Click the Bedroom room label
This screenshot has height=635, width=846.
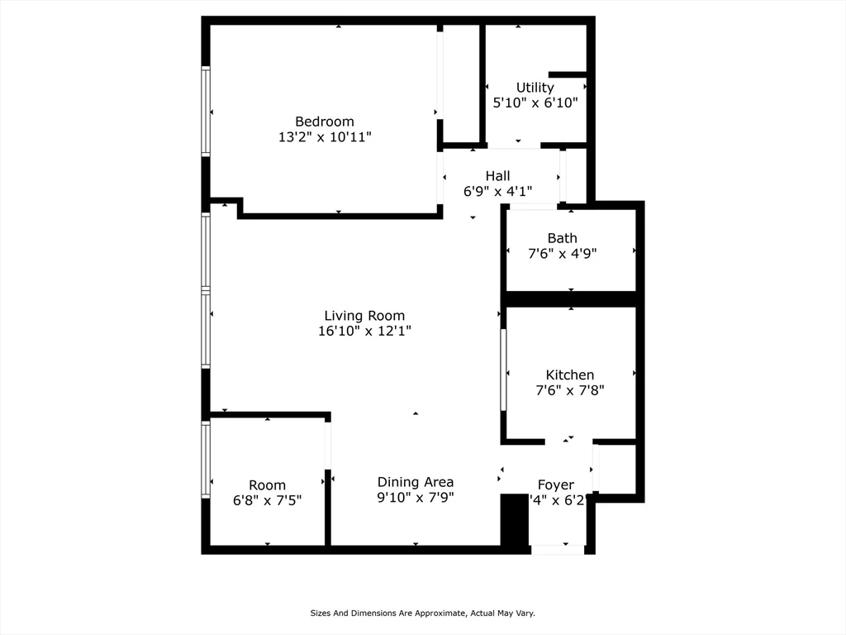pyautogui.click(x=325, y=122)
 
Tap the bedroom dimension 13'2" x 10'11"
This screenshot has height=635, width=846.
pyautogui.click(x=325, y=137)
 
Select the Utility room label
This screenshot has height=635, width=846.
pyautogui.click(x=535, y=88)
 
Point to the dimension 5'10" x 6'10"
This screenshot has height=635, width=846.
pyautogui.click(x=535, y=103)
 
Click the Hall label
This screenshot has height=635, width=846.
pyautogui.click(x=497, y=176)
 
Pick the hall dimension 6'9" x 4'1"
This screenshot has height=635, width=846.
pyautogui.click(x=497, y=192)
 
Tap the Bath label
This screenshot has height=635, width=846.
pyautogui.click(x=562, y=238)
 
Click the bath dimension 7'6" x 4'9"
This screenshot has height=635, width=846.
pyautogui.click(x=562, y=254)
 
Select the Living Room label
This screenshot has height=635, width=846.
pyautogui.click(x=364, y=316)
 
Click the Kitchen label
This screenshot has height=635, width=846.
pyautogui.click(x=569, y=375)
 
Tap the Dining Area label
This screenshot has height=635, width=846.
pyautogui.click(x=416, y=482)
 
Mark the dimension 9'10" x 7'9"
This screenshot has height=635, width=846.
pyautogui.click(x=416, y=498)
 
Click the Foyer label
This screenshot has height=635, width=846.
pyautogui.click(x=555, y=485)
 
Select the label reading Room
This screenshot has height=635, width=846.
pyautogui.click(x=267, y=485)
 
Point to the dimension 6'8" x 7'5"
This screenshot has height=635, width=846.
pyautogui.click(x=267, y=501)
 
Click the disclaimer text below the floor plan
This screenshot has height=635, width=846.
pyautogui.click(x=422, y=614)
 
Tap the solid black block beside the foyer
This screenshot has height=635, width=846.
pyautogui.click(x=515, y=519)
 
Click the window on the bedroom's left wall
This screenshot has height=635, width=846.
pyautogui.click(x=206, y=112)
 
